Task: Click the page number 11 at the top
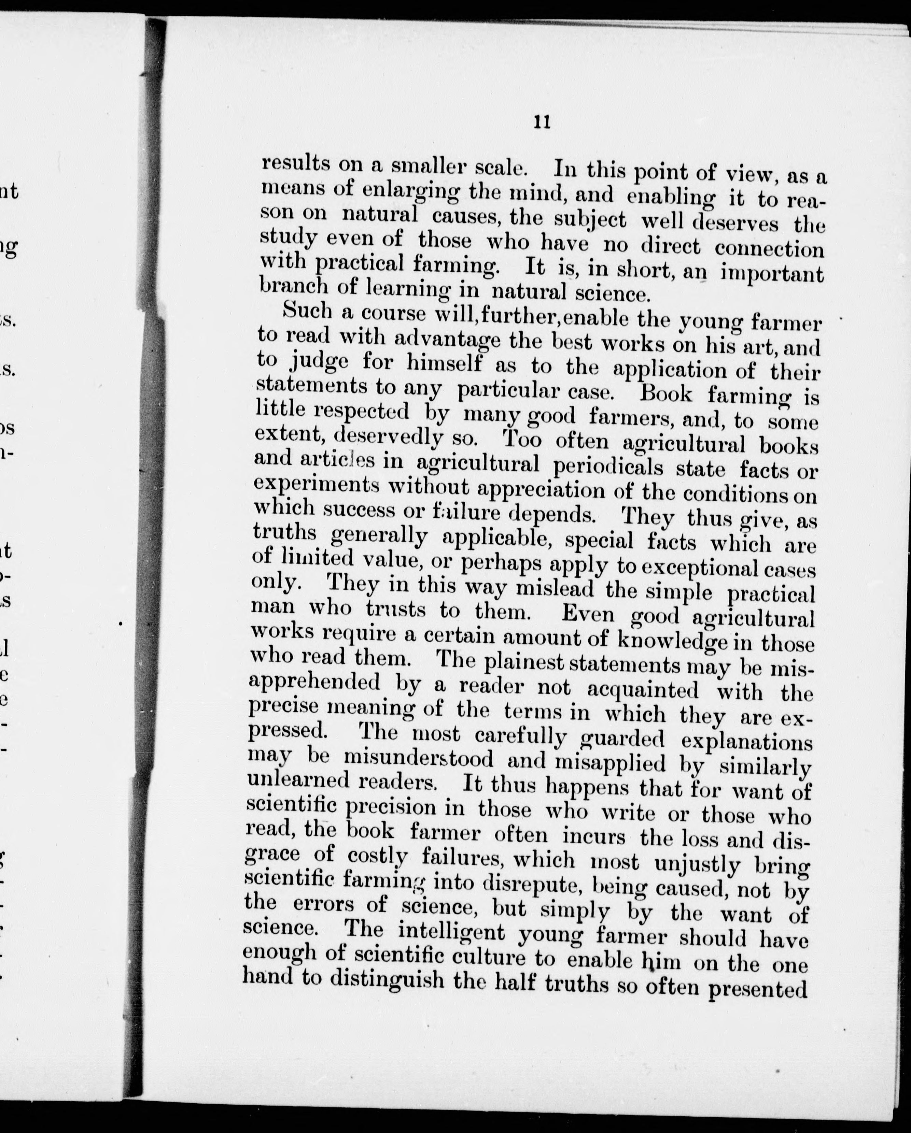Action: (x=542, y=123)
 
